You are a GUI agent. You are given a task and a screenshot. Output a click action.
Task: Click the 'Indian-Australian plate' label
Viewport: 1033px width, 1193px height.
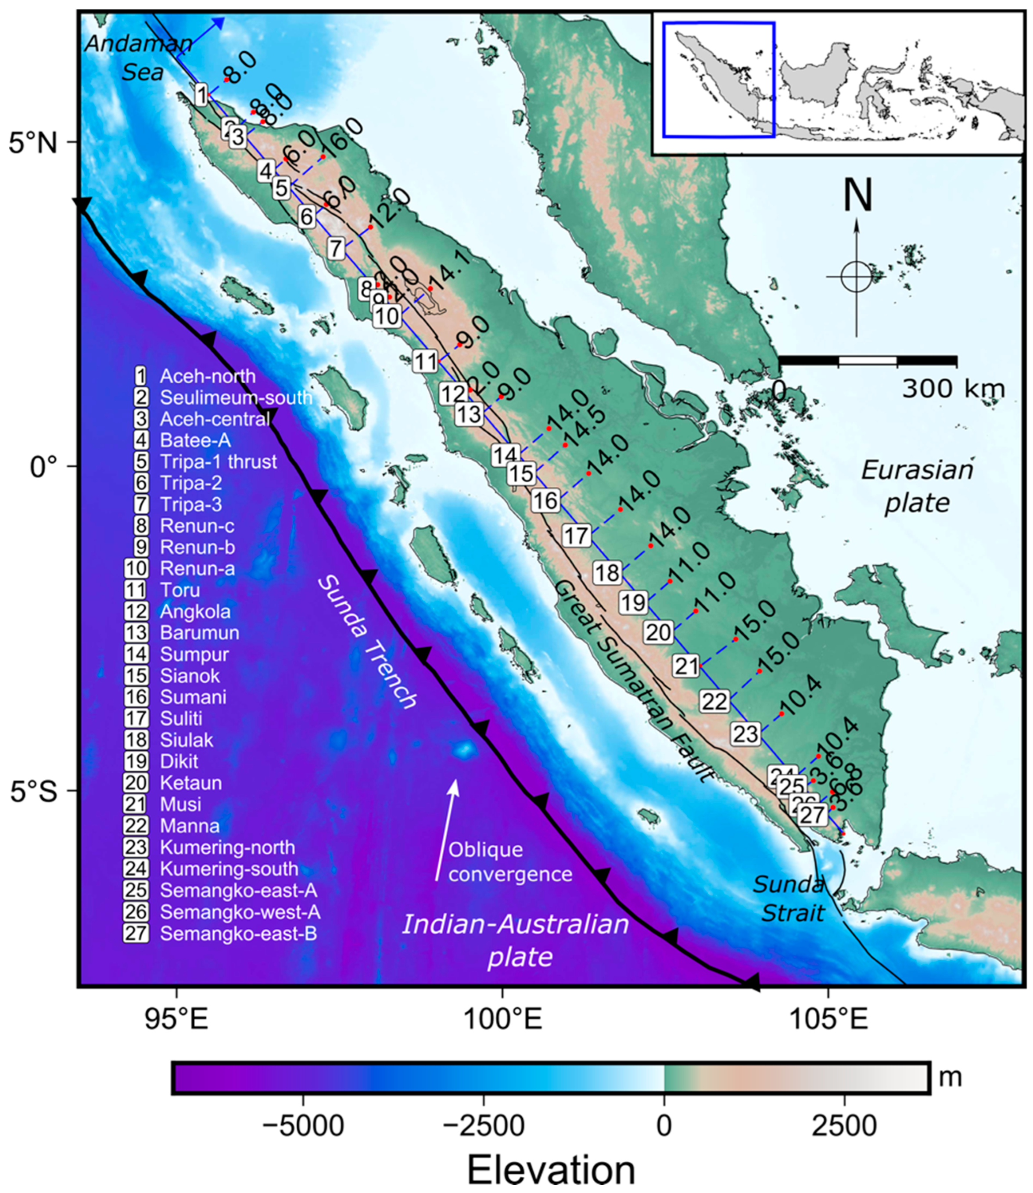pos(515,941)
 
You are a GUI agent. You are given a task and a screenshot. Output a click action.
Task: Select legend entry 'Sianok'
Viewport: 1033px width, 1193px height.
pos(190,675)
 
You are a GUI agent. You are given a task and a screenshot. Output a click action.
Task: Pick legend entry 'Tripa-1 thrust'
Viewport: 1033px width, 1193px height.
pos(218,461)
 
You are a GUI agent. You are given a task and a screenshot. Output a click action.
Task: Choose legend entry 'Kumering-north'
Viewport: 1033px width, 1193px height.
pos(227,847)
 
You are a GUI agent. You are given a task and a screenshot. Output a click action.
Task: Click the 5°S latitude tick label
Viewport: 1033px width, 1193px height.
pos(33,792)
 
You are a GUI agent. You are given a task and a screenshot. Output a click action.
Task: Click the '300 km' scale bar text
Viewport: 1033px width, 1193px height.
pos(953,390)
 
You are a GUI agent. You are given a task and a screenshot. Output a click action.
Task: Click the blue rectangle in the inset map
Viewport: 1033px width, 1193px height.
pos(718,79)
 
